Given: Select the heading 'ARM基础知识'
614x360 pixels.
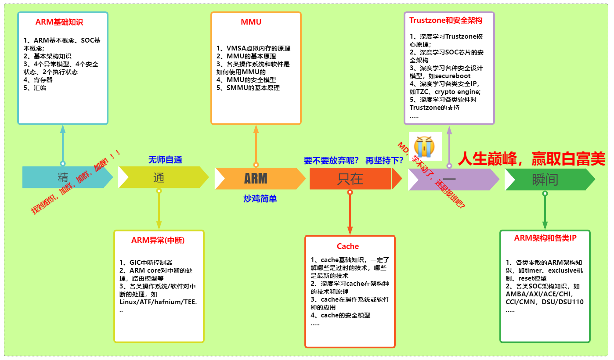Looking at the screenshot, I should point(59,22).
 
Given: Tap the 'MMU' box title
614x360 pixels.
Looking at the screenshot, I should point(251,22).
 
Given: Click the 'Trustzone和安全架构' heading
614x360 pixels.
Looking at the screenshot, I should point(446,20).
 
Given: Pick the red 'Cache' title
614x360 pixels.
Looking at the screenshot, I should point(348,246).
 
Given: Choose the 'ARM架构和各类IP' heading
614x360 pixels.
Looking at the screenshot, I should point(545,238).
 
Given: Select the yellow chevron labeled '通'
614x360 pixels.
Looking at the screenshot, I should point(159,178).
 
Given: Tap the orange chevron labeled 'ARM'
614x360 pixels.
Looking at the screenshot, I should point(256,178).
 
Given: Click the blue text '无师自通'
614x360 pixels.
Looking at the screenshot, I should point(165,160).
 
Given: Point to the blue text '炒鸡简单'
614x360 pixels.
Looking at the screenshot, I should point(260,198).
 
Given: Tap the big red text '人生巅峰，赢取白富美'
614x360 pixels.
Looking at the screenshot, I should point(531,159).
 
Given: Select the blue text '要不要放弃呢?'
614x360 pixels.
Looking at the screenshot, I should point(331,161).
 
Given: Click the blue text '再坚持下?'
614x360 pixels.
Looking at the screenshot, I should point(384,161).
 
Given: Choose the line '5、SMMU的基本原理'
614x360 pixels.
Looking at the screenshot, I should point(248,88).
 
